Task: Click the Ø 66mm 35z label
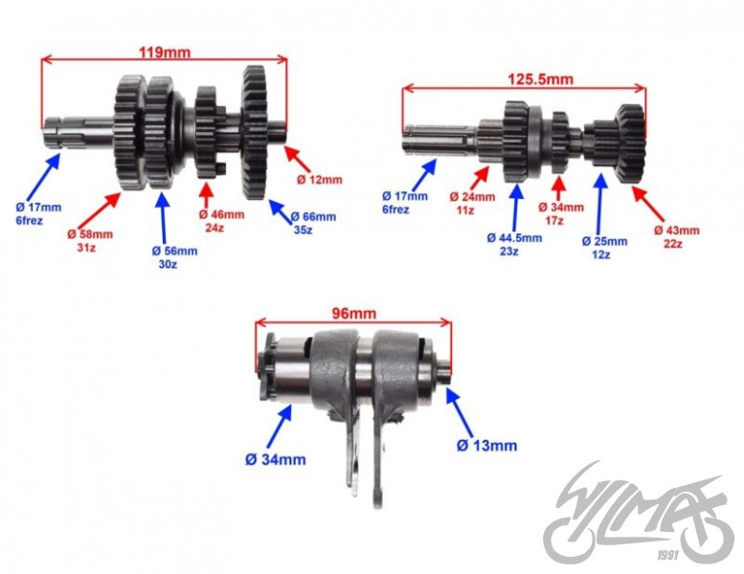click(313, 224)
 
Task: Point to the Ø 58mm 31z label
click(90, 241)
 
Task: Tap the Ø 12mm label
click(319, 179)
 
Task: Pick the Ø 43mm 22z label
click(676, 237)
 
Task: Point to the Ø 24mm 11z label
click(472, 203)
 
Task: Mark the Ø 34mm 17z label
click(561, 212)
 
